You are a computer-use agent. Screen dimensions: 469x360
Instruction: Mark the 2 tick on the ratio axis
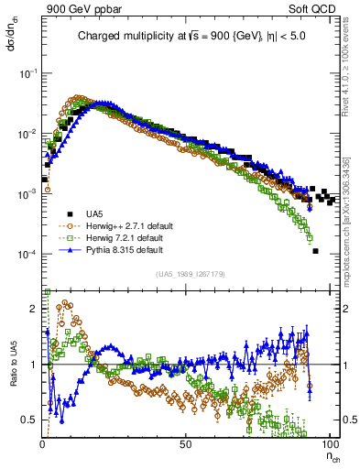[x=34, y=310]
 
